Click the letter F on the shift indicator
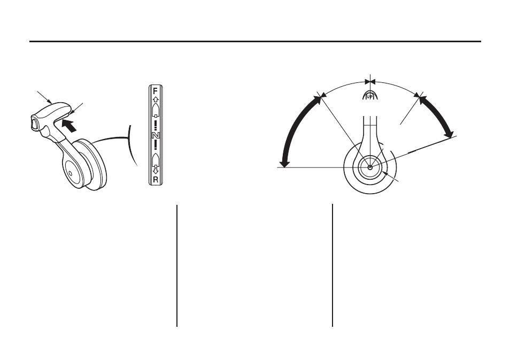click(x=156, y=91)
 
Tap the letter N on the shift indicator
click(x=156, y=135)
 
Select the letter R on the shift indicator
click(x=156, y=179)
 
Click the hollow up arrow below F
click(x=156, y=99)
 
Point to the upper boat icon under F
click(x=156, y=111)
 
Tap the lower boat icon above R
click(x=156, y=159)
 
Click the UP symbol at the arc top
click(x=370, y=95)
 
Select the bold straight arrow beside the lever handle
click(x=69, y=125)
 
